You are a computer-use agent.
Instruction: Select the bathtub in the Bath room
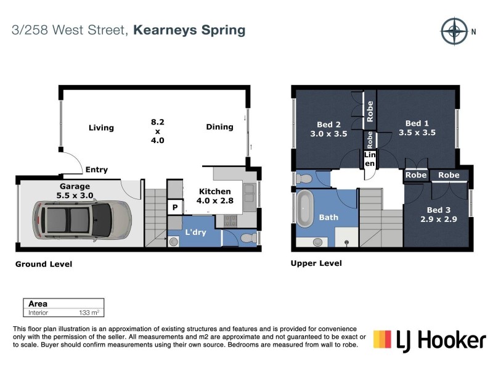click(306, 212)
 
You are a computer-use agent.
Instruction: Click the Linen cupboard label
click(370, 159)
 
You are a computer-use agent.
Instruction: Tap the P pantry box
click(175, 208)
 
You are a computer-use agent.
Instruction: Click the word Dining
click(219, 127)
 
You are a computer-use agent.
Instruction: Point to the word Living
click(101, 128)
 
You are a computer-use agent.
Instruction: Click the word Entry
click(97, 170)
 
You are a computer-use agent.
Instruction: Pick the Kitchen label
click(214, 192)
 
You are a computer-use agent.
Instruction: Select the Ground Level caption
click(44, 264)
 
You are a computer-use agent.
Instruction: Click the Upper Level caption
click(316, 263)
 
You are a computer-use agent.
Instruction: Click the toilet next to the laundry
click(245, 238)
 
